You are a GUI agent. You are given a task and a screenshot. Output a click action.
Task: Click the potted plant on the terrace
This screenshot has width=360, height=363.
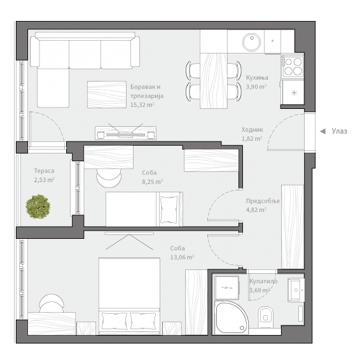pos(39,206)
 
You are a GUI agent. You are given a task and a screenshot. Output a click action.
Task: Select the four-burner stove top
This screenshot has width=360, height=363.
pos(293,64)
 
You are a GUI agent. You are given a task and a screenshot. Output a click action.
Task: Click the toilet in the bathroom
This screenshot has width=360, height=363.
pos(266,317)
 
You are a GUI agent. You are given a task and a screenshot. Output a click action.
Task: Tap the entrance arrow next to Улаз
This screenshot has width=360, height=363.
pos(322,131)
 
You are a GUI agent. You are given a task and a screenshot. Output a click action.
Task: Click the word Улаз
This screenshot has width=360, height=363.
pos(339,131)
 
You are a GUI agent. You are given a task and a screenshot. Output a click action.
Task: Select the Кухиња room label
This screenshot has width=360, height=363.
pos(256,78)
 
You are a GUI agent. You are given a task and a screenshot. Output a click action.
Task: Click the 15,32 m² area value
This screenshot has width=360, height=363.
pos(142,104)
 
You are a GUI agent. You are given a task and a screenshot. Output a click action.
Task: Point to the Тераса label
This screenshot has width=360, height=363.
pos(44,171)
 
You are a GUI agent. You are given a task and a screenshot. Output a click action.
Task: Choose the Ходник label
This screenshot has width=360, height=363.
pos(252,129)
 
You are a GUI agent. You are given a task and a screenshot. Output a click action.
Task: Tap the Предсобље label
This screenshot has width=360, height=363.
pos(263,201)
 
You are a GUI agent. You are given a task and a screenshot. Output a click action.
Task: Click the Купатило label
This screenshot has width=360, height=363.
pos(263,281)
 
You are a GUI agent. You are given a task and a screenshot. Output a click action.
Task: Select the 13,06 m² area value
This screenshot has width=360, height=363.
pos(182,257)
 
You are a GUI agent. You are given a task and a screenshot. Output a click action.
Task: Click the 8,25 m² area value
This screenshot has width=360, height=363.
pos(152,181)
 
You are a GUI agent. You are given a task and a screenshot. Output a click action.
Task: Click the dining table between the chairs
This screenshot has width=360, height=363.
pos(214,80)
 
